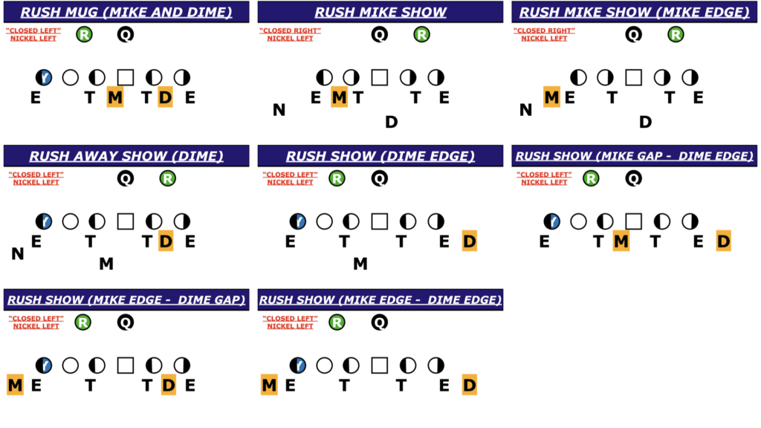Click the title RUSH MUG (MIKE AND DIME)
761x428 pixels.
click(126, 12)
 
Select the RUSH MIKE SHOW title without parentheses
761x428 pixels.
click(380, 12)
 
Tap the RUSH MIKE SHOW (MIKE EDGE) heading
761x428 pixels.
click(634, 12)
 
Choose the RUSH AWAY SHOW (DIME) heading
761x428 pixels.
click(126, 156)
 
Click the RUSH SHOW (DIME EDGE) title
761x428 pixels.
click(380, 156)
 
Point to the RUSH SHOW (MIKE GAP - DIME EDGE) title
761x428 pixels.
click(634, 156)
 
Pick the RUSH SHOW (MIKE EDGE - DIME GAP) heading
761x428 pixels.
click(126, 299)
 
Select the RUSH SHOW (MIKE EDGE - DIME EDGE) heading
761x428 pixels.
click(380, 299)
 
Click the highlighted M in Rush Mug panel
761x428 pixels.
click(115, 97)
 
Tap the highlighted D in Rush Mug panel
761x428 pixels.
click(166, 97)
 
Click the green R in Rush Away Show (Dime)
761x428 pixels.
click(168, 178)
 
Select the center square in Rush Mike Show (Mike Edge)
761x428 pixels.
click(633, 77)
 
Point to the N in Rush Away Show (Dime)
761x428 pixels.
click(18, 254)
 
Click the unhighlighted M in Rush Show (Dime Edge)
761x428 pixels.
click(360, 263)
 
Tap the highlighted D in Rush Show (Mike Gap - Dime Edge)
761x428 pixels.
click(723, 241)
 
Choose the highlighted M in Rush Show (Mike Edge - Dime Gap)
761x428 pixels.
click(15, 385)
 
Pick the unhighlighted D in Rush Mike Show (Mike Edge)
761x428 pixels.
click(645, 122)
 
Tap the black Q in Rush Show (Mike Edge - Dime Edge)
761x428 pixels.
click(379, 322)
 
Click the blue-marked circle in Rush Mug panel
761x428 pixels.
click(44, 77)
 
